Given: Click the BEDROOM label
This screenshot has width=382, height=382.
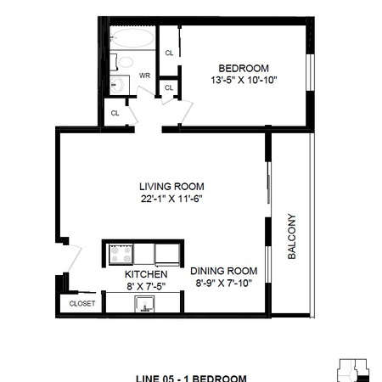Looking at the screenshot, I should coord(244,69).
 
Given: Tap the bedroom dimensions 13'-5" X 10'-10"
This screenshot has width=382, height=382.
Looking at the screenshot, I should coord(244,80).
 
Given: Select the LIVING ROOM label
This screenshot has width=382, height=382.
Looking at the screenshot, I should coord(172,187).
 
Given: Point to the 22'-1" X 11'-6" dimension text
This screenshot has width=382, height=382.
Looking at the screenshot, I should coord(172,198).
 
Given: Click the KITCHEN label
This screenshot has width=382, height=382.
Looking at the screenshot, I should coord(146,275).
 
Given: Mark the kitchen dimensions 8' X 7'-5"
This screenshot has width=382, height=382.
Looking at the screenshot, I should coord(146,286).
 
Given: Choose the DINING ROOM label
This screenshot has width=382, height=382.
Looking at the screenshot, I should coord(223,272).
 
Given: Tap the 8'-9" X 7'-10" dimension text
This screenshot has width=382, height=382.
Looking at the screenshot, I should coord(223,284).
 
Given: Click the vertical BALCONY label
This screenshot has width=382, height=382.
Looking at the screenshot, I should coord(291,236).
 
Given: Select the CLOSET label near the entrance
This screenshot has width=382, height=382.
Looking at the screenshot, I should coord(82,303).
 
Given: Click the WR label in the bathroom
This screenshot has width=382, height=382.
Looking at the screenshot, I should coord(144,75).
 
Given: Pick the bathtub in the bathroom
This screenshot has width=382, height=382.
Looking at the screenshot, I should coord(133,38).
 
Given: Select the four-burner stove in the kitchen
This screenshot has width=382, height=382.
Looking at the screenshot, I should coord(119,253).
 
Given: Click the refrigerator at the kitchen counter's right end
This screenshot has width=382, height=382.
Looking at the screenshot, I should coord(166,254).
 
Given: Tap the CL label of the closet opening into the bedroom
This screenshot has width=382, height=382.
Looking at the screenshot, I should coord(169,53).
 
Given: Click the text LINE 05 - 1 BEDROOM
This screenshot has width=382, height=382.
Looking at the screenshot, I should coord(192,377).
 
